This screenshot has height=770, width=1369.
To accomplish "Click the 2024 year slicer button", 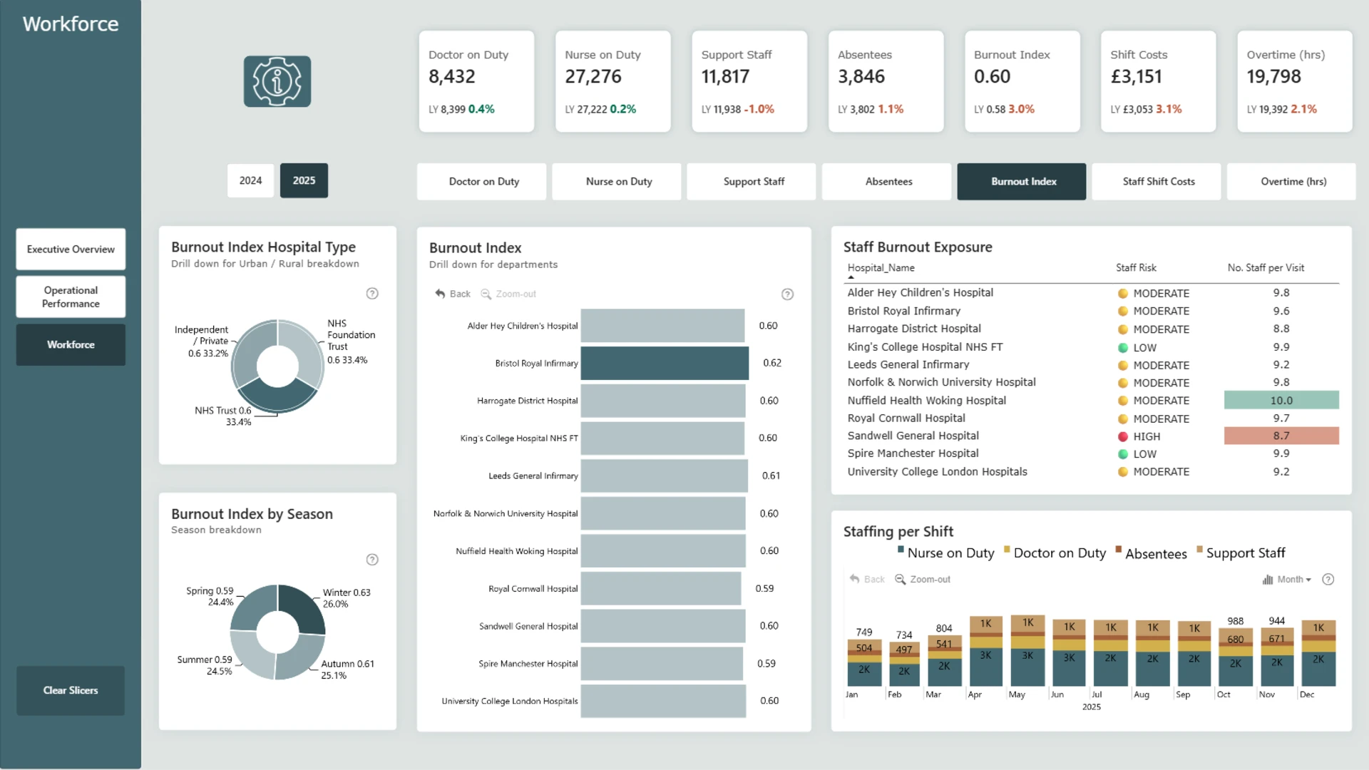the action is point(250,180).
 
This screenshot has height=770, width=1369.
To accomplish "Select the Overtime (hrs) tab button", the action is point(1293,182).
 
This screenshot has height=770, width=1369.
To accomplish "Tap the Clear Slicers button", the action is point(71,690).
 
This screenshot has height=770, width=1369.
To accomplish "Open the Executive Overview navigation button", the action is point(71,249).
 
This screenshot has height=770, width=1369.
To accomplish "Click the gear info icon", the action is point(277,81).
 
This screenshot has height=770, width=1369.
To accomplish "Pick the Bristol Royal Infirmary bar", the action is point(665,363).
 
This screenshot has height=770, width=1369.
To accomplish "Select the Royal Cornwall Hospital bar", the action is point(661,588).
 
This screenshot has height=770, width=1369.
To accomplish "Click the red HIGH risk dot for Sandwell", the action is point(1123,436).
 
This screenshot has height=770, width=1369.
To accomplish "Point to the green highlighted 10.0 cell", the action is point(1281,400).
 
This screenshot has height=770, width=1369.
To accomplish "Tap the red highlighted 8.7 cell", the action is point(1281,436).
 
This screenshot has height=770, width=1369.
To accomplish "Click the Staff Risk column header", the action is point(1136,268).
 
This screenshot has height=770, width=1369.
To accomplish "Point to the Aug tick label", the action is point(1142,694).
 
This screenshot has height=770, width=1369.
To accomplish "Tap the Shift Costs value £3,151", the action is point(1137,76).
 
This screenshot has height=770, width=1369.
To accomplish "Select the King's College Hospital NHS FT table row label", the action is point(925,347).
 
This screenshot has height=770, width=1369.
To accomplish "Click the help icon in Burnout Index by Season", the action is point(372,560).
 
